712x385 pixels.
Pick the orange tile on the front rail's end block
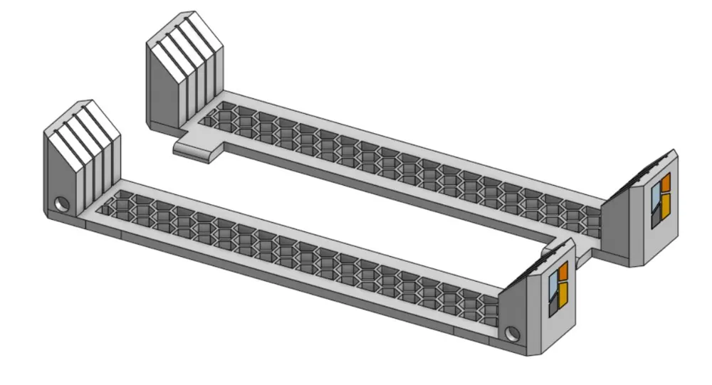tap(562, 272)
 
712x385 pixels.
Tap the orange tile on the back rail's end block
tap(666, 184)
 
